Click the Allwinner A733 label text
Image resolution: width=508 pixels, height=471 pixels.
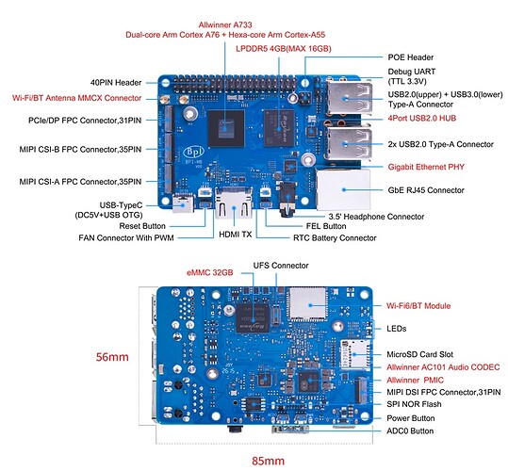[x=225, y=24]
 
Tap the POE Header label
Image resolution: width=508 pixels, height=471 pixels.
[x=411, y=57]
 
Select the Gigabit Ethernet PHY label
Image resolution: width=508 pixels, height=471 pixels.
[x=426, y=167]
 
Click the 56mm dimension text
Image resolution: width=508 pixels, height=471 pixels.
[x=112, y=357]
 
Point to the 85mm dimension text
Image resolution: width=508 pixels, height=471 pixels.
[x=269, y=461]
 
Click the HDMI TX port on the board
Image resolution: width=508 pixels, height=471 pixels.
[x=234, y=203]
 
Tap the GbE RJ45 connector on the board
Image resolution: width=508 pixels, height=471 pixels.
[x=343, y=189]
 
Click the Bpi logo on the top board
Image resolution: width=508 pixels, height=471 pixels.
[x=194, y=152]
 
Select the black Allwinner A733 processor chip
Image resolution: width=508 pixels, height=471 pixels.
[x=225, y=128]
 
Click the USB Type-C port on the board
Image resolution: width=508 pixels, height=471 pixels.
[x=183, y=203]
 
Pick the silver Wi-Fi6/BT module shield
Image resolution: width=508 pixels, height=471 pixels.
[x=308, y=303]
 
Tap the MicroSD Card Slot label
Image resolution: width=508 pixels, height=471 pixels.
[x=420, y=354]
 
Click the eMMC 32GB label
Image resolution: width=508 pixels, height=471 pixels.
[x=210, y=272]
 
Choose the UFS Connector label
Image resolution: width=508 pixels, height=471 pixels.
[x=281, y=266]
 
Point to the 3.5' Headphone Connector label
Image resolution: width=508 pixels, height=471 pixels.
[x=376, y=217]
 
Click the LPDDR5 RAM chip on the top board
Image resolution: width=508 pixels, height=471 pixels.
[x=279, y=128]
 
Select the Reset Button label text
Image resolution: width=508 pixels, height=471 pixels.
[x=142, y=226]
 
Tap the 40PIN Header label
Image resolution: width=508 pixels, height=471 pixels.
[x=116, y=83]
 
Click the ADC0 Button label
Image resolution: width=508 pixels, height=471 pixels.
[x=410, y=430]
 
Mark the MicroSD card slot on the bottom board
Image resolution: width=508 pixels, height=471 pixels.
[x=354, y=354]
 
